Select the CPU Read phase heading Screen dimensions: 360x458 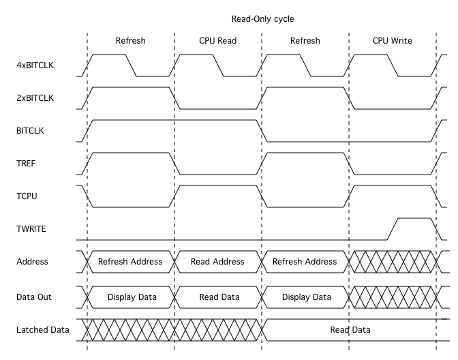(218, 40)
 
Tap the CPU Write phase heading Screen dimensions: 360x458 (392, 40)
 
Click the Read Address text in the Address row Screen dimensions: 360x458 (218, 262)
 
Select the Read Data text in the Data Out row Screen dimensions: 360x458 (218, 297)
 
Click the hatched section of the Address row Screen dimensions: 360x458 (392, 262)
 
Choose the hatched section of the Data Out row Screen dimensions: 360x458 (392, 297)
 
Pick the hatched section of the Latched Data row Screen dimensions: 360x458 (170, 330)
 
